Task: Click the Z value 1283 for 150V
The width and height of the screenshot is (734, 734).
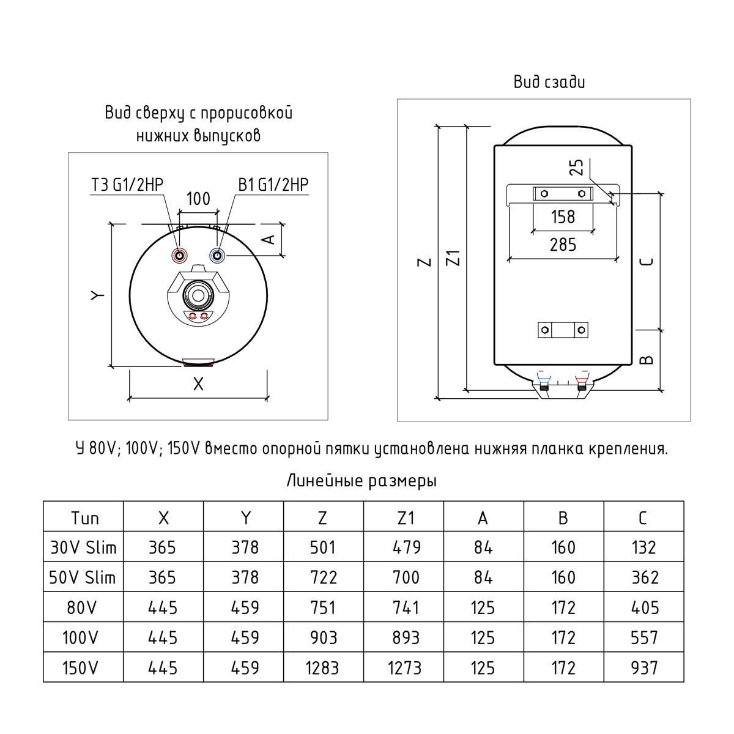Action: [322, 668]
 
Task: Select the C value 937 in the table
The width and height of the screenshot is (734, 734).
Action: [644, 668]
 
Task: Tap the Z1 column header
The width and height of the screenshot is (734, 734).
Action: [406, 518]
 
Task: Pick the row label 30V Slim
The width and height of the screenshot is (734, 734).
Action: [83, 547]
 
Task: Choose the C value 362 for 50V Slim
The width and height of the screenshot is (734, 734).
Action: [645, 577]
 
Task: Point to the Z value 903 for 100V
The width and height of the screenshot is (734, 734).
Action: [324, 637]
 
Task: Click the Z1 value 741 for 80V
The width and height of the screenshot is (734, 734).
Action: [406, 607]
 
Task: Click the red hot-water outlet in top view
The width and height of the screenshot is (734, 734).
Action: [179, 256]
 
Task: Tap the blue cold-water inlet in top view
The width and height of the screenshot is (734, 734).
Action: [218, 256]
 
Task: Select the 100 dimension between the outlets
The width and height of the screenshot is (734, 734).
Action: [198, 199]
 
